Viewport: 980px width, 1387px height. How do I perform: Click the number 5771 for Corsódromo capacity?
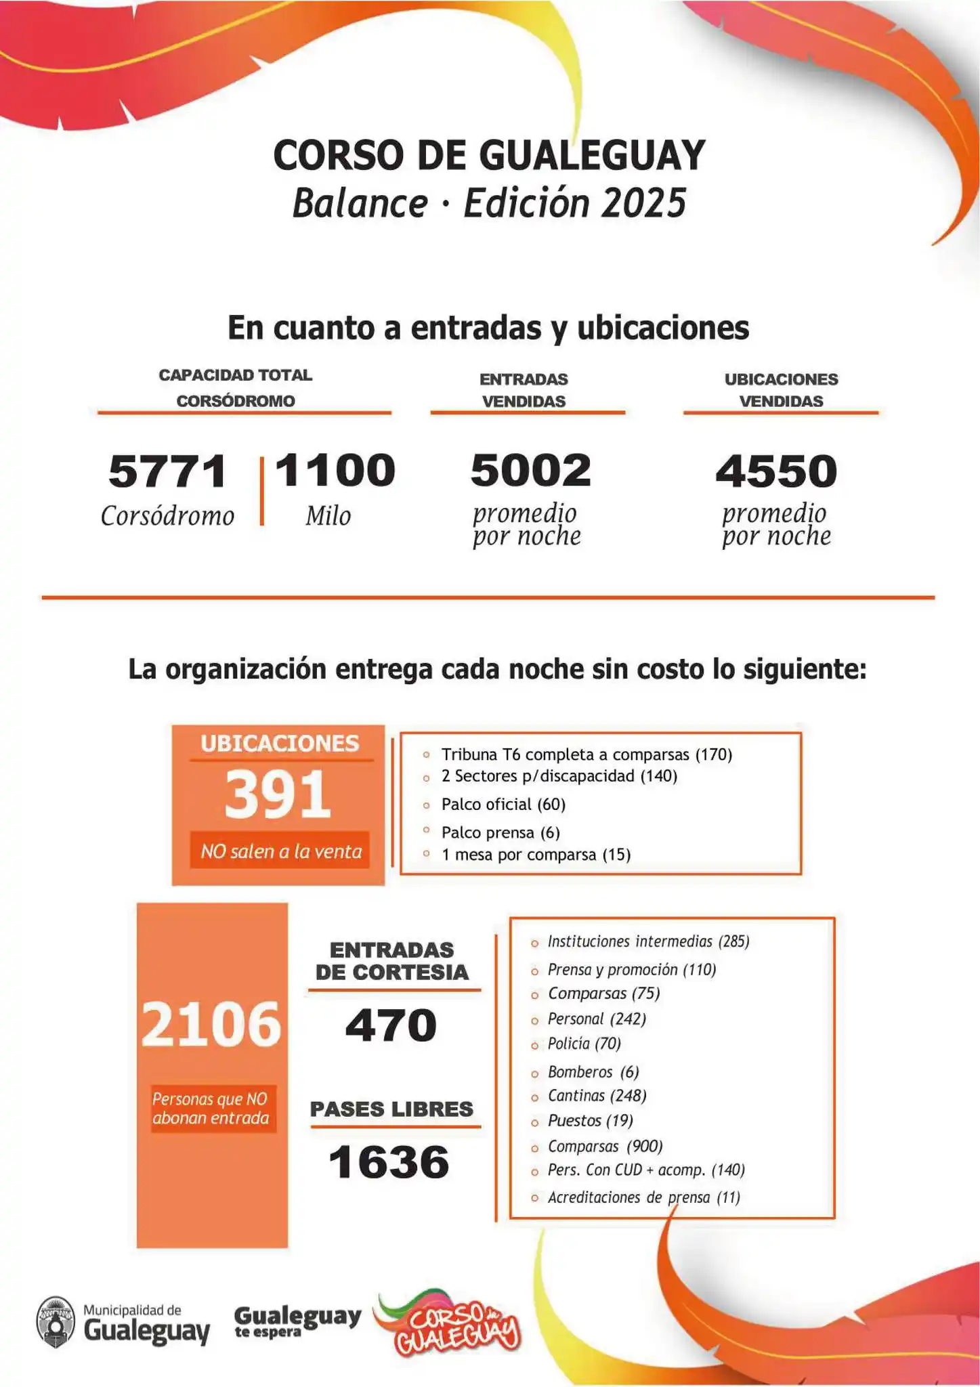tap(167, 471)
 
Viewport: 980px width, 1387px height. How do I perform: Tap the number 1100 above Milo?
tap(335, 470)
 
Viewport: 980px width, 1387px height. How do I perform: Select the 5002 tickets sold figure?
tap(531, 470)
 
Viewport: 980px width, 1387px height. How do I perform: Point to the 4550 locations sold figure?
tap(776, 471)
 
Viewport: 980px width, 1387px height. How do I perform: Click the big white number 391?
tap(278, 794)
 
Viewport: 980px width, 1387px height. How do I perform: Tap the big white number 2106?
tap(211, 1024)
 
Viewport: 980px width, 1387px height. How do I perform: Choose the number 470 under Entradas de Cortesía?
tap(391, 1025)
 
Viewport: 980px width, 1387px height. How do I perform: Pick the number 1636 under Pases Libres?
tap(389, 1162)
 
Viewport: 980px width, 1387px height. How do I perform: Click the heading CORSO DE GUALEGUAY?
tap(489, 155)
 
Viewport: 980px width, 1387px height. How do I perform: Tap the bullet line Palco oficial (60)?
tap(503, 804)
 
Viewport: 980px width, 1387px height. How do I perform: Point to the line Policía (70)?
tap(584, 1043)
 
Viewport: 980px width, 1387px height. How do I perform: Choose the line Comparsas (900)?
tap(605, 1146)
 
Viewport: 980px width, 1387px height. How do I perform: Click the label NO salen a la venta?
tap(281, 851)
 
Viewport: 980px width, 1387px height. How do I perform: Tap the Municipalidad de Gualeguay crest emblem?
tap(56, 1322)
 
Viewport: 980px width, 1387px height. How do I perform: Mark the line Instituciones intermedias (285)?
tap(648, 941)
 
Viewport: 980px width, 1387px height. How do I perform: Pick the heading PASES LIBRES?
tap(391, 1109)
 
